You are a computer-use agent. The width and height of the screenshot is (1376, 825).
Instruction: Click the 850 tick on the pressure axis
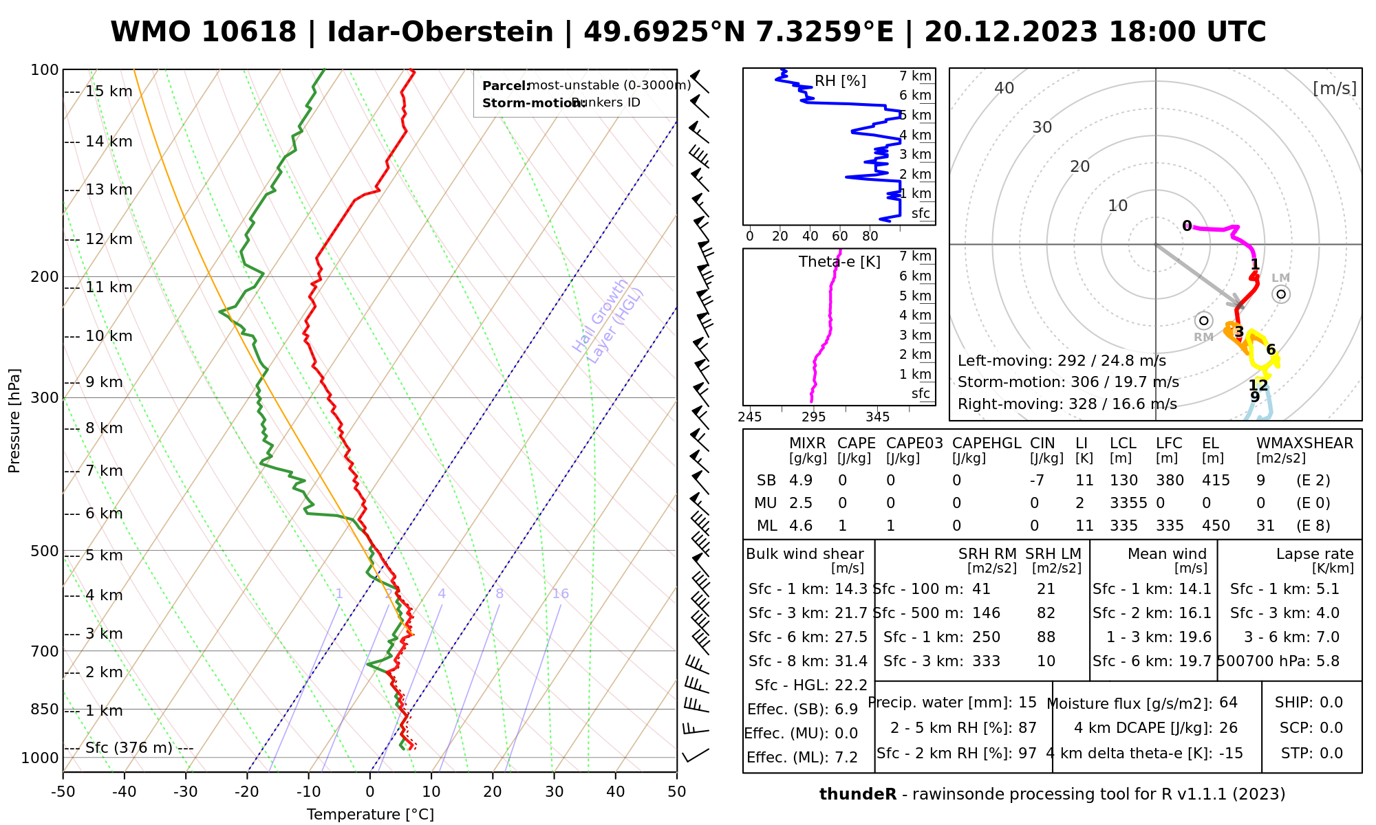coord(45,709)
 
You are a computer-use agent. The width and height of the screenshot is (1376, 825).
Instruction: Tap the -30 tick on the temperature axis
coord(186,792)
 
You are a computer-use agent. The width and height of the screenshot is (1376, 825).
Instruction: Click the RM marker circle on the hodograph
coord(1203,320)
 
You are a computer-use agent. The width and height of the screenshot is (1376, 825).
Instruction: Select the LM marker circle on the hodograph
coord(1280,294)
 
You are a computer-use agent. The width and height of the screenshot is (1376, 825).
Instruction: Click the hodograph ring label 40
coord(1004,88)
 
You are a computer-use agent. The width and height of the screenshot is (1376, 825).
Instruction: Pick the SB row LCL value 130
coord(1124,481)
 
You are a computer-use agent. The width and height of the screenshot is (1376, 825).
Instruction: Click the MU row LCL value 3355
coord(1128,503)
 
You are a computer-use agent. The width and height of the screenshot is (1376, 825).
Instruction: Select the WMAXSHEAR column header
coord(1304,443)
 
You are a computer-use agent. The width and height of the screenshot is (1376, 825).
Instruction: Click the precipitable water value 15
coord(1027,703)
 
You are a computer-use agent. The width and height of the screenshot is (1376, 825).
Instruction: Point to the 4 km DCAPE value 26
coord(1228,728)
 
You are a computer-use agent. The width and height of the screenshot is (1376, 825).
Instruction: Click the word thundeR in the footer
coord(858,795)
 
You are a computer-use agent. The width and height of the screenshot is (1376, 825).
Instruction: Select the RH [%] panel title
coord(840,81)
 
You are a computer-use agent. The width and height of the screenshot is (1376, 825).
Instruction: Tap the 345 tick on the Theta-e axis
coord(877,417)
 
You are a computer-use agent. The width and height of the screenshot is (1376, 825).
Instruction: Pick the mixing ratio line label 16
coord(560,594)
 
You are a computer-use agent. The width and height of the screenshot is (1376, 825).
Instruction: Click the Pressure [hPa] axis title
coord(14,421)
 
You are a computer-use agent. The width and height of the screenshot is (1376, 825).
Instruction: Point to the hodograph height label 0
coord(1187,226)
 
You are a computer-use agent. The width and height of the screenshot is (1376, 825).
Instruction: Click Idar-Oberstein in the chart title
coord(440,32)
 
